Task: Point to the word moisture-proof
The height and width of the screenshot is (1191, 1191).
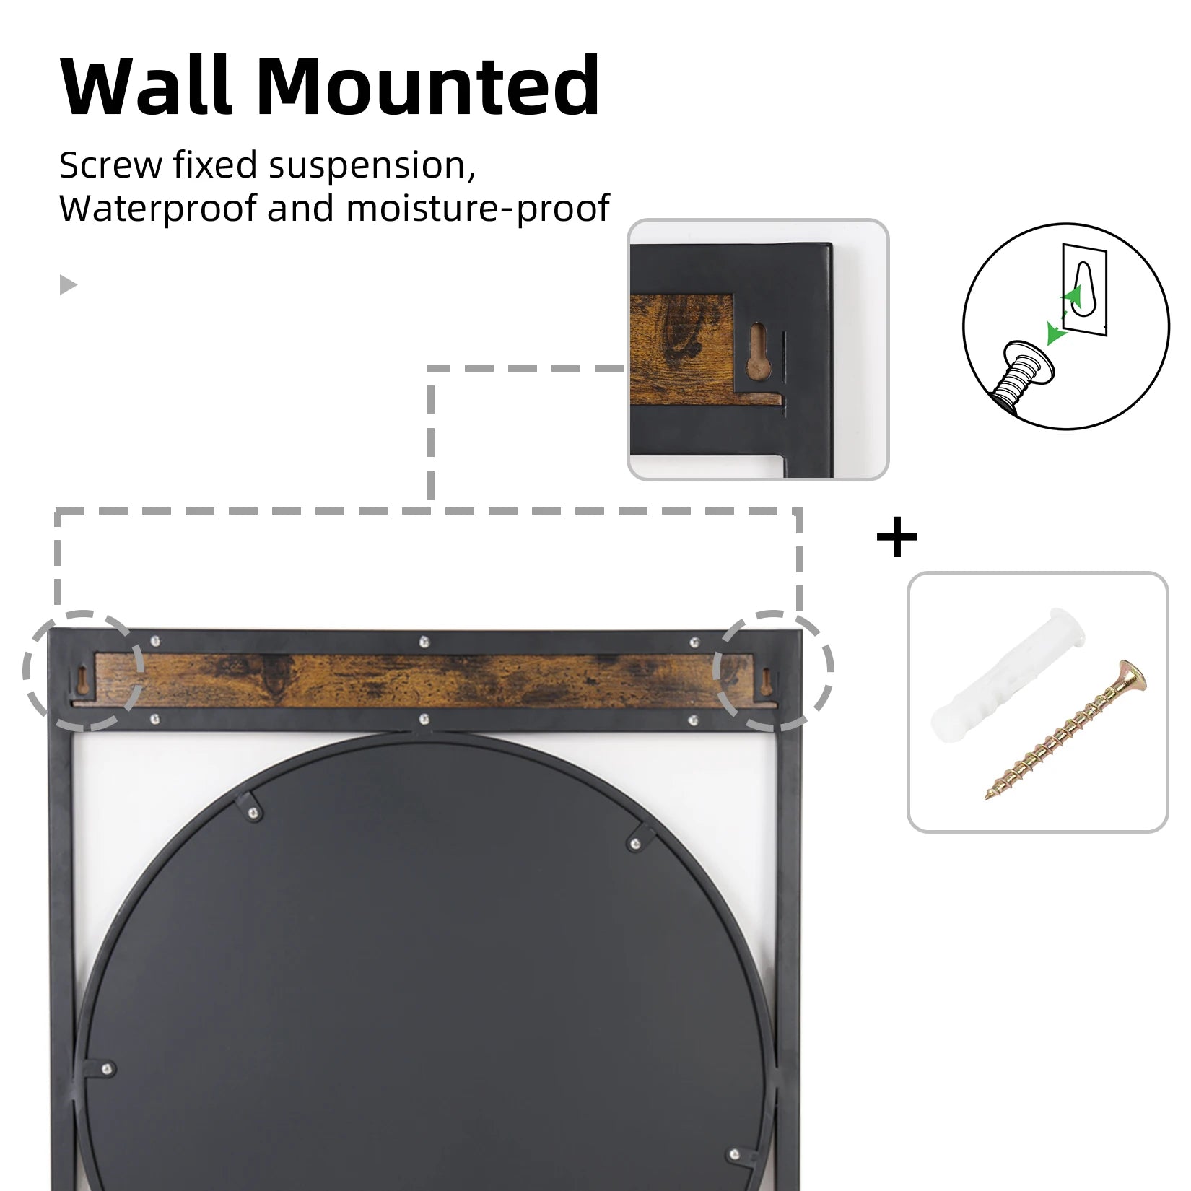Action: [x=477, y=209]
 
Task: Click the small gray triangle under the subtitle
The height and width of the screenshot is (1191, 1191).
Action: [x=68, y=284]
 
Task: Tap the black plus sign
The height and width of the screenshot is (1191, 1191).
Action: [x=896, y=537]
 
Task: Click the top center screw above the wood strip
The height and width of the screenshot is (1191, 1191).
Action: [x=424, y=640]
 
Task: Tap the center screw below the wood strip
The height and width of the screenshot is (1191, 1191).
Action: [x=424, y=719]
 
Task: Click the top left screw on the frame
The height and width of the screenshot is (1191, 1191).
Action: [x=155, y=640]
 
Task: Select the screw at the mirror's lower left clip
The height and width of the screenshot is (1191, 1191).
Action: [x=107, y=1069]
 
